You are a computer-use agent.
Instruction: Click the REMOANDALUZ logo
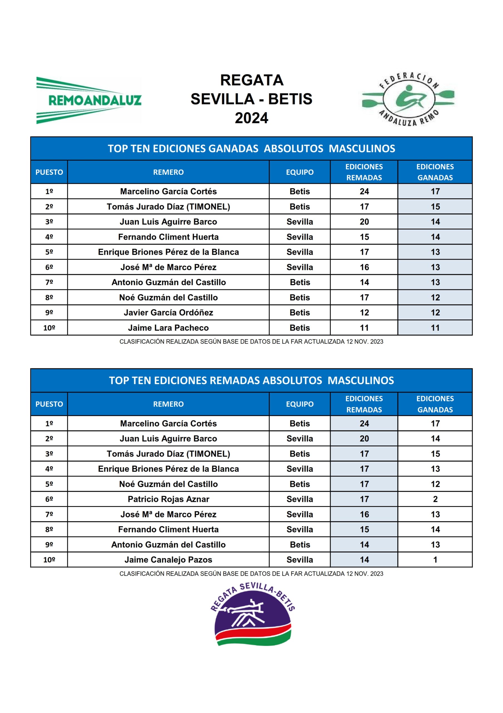coord(89,100)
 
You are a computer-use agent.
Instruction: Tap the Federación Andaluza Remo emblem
coord(408,99)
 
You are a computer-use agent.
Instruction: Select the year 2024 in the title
coord(251,118)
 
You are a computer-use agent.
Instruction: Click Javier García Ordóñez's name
coord(169,312)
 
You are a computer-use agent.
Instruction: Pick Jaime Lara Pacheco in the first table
coord(169,328)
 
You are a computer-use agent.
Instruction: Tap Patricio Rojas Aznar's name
coord(169,499)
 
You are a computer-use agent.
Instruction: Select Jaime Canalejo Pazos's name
coord(169,560)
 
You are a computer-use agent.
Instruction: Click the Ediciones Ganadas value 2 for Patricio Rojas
coord(435,499)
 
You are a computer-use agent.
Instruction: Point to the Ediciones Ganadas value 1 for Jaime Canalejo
coord(435,560)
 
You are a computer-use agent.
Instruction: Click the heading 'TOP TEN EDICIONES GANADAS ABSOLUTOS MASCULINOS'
coord(251,148)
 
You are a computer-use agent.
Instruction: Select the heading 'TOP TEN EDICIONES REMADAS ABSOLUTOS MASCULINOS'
coord(251,380)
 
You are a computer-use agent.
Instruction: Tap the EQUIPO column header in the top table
coord(299,172)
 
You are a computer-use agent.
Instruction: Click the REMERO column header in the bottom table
coord(169,404)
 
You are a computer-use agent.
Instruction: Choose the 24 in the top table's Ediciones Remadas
coord(364,191)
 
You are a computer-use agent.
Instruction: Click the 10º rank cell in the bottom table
coord(49,560)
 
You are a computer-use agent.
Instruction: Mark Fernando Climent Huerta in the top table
coord(169,237)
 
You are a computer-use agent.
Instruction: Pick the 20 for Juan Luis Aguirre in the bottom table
coord(364,438)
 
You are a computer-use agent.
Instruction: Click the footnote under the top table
coord(251,341)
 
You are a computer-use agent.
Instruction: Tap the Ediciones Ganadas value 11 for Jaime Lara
coord(435,328)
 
